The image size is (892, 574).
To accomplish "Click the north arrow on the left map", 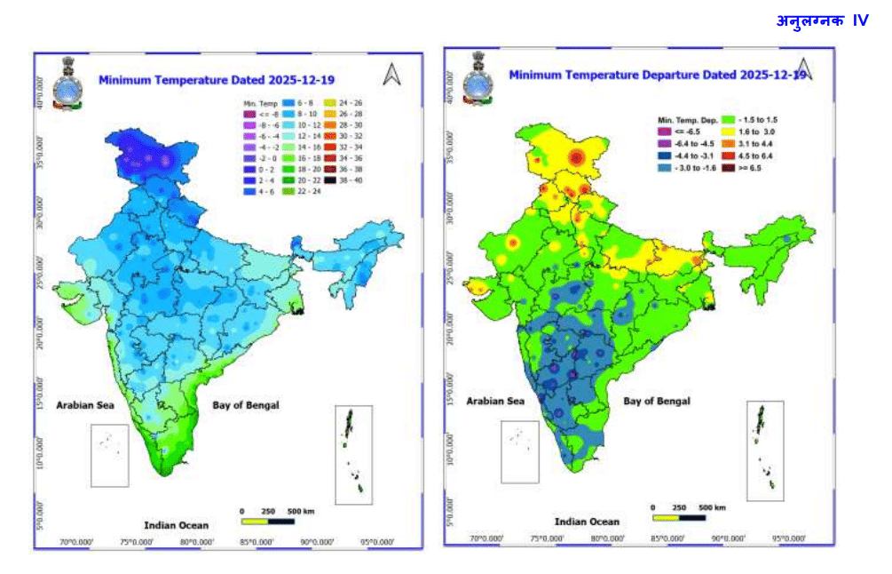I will pyautogui.click(x=391, y=76).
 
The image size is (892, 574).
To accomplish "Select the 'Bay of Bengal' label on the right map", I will pyautogui.click(x=656, y=401).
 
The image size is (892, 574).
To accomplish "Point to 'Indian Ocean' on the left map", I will pyautogui.click(x=176, y=525).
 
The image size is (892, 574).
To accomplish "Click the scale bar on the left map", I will pyautogui.click(x=267, y=522).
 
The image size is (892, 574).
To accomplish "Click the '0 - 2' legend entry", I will pyautogui.click(x=262, y=168).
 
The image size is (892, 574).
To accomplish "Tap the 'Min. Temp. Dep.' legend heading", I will pyautogui.click(x=687, y=118).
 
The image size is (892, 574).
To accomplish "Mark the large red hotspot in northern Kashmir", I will pyautogui.click(x=578, y=159).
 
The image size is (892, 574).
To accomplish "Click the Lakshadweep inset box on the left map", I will pyautogui.click(x=111, y=454).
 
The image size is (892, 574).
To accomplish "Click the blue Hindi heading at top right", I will pyautogui.click(x=822, y=20).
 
